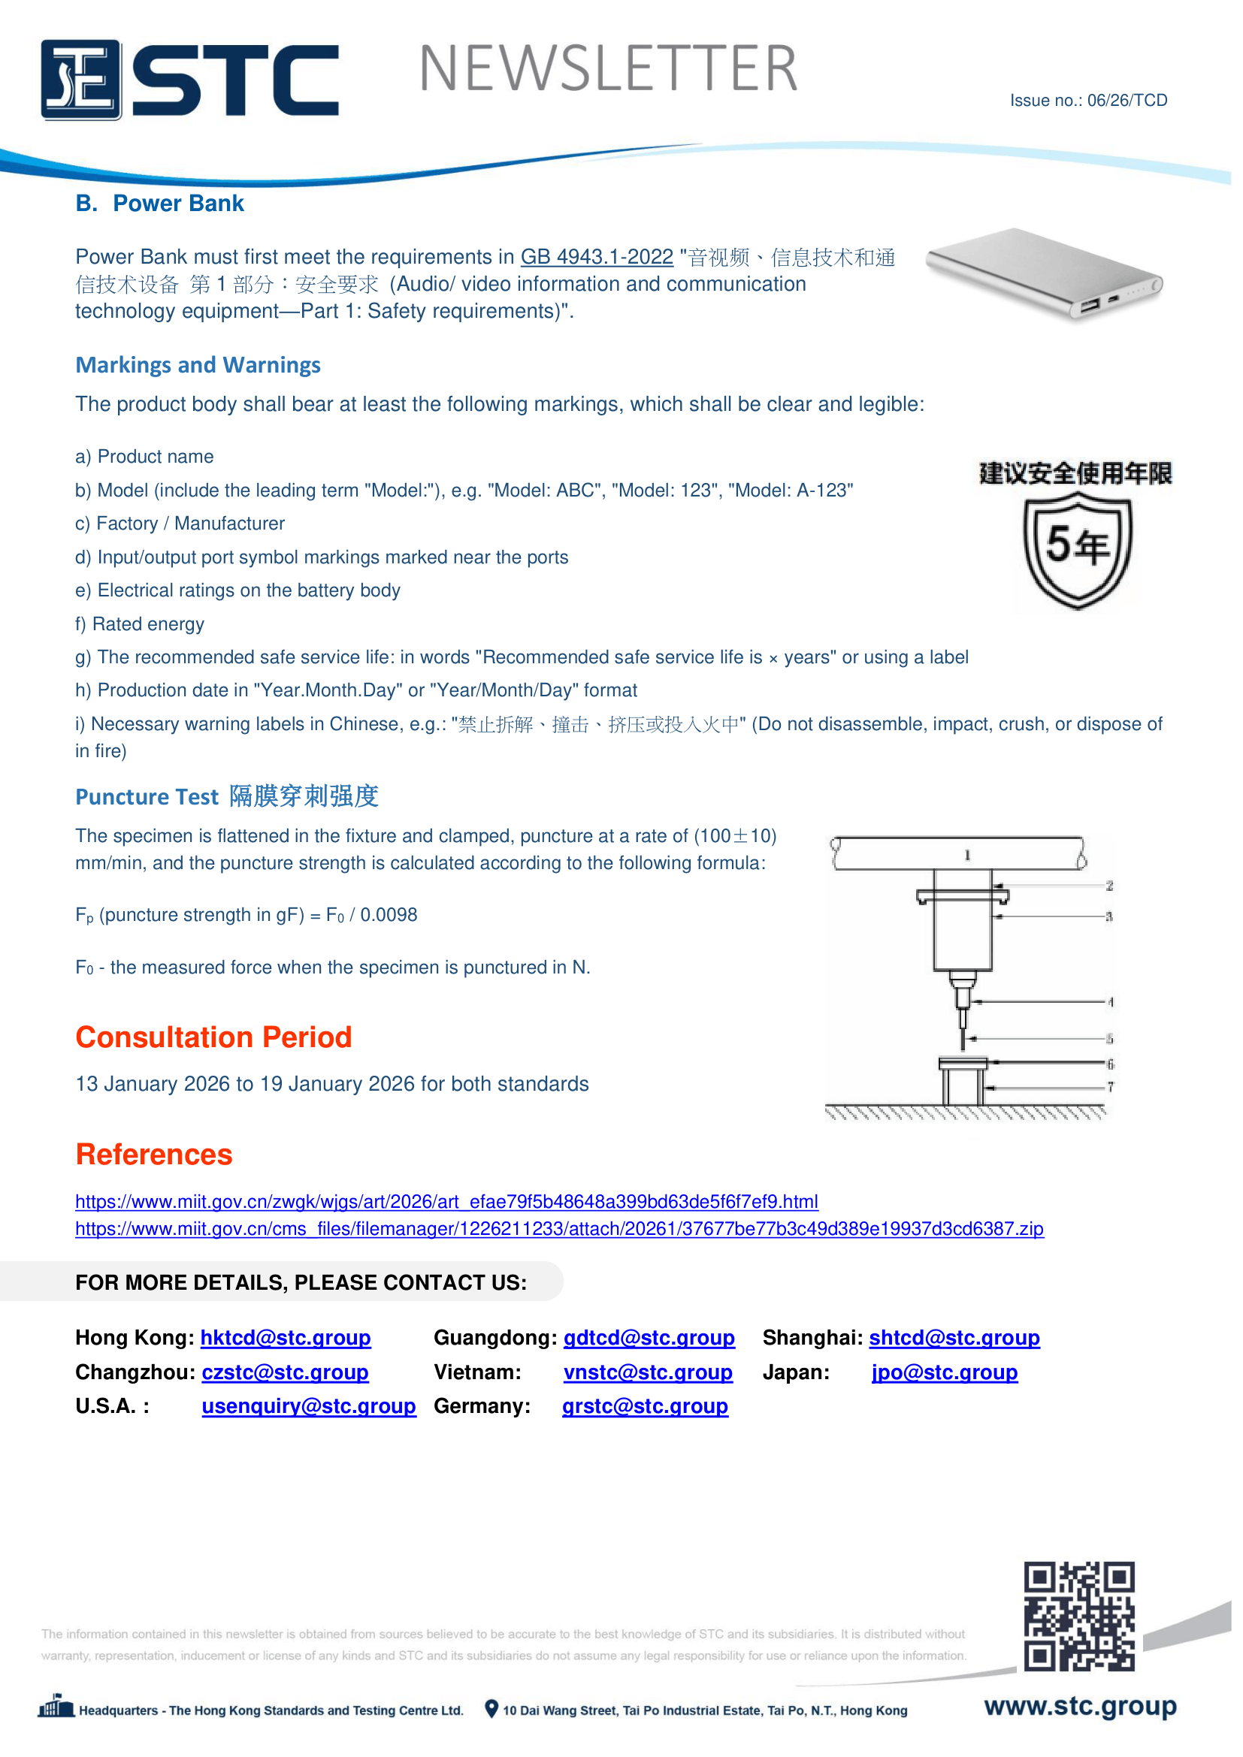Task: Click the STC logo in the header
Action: coord(189,80)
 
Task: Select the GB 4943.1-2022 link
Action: coord(596,257)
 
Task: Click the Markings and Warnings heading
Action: coord(198,365)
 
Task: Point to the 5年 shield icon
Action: coord(1077,548)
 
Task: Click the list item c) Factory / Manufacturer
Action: coord(180,524)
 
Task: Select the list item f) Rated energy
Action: coord(140,623)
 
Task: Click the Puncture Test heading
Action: coord(226,796)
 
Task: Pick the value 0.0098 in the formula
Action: coord(389,914)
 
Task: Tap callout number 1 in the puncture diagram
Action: coord(967,855)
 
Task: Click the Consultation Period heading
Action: coord(213,1037)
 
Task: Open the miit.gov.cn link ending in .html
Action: coord(446,1201)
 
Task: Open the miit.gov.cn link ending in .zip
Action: coord(558,1228)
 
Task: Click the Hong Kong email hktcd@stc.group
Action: coord(286,1338)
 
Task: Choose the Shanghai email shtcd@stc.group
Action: coord(954,1338)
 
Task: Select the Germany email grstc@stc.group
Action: coord(645,1405)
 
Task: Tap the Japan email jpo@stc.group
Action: coord(945,1372)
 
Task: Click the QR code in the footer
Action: coord(1078,1616)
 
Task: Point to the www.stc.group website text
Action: coord(1080,1706)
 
